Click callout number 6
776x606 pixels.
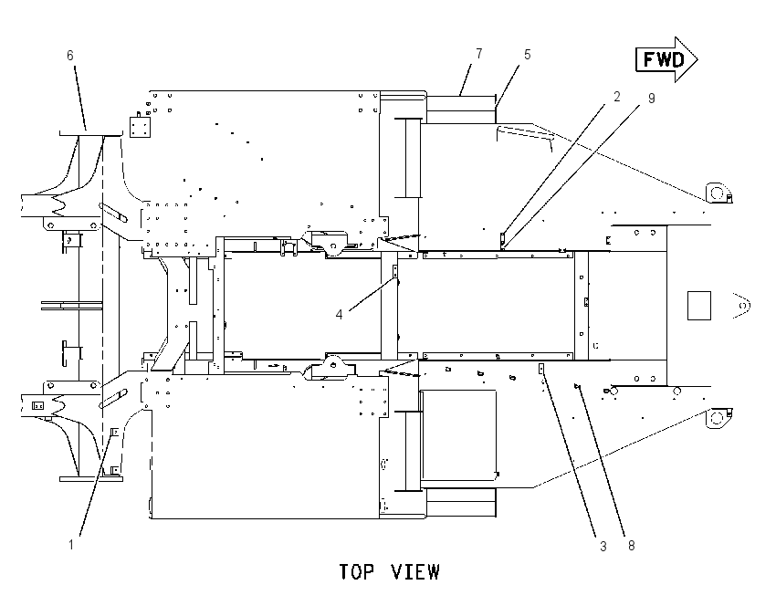click(70, 56)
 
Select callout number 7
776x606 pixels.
click(479, 54)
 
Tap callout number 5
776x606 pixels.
click(528, 55)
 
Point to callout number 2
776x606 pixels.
click(616, 97)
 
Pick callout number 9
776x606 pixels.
click(652, 99)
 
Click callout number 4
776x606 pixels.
click(339, 315)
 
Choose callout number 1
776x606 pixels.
click(71, 545)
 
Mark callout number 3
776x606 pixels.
click(603, 546)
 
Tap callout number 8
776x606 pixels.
click(632, 546)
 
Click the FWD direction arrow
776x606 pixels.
click(666, 59)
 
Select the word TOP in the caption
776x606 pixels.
click(356, 572)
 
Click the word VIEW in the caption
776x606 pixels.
click(415, 572)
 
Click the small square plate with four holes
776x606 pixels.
click(140, 127)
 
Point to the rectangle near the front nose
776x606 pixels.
click(699, 305)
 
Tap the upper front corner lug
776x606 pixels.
click(718, 193)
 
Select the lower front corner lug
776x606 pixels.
click(718, 418)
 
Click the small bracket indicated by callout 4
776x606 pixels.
click(395, 272)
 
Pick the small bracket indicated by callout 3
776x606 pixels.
click(541, 370)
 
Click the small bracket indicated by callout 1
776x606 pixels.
click(115, 433)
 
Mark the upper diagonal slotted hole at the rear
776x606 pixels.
click(114, 212)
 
